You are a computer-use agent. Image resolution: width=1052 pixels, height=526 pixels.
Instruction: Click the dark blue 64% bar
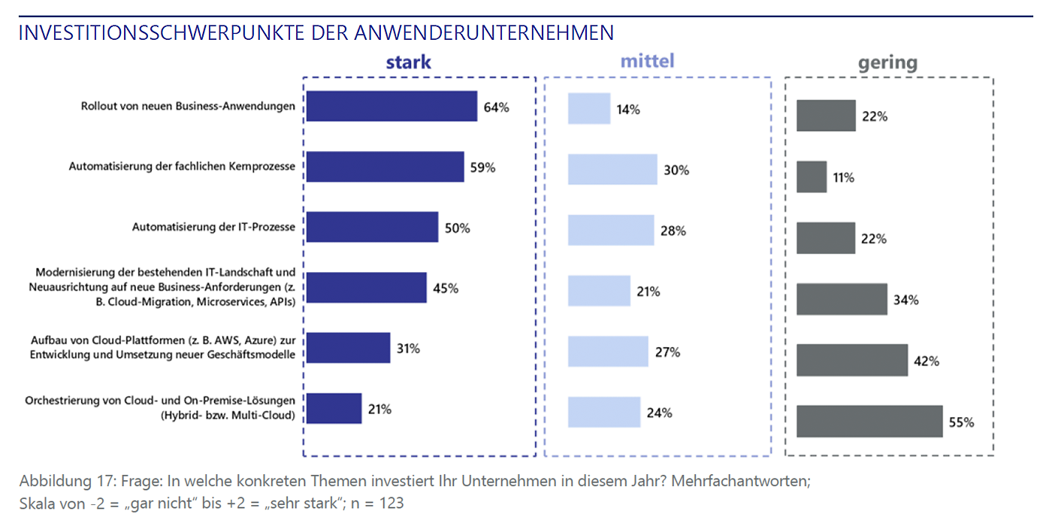[x=392, y=106]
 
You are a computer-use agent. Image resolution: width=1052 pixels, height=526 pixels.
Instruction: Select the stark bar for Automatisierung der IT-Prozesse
[x=373, y=227]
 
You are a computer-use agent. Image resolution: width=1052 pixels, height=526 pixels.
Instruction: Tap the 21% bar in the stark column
[x=334, y=409]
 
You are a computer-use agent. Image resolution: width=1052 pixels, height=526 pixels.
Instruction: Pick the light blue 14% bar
[x=589, y=109]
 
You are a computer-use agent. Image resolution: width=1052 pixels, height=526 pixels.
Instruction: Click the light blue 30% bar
[x=612, y=170]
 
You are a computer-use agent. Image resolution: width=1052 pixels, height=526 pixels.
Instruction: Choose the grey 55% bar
[x=869, y=422]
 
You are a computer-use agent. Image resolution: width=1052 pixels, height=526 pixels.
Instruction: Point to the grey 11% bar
[x=812, y=177]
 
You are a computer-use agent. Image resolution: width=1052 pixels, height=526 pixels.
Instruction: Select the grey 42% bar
[x=852, y=361]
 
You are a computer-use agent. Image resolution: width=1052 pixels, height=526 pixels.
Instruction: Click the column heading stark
[x=409, y=62]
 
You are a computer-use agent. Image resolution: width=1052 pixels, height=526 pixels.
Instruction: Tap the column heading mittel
[x=647, y=61]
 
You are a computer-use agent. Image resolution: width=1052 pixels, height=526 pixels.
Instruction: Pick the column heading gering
[x=887, y=63]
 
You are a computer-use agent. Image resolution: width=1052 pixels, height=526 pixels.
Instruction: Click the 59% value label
[x=483, y=168]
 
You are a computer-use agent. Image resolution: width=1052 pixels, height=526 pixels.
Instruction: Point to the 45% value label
[x=446, y=288]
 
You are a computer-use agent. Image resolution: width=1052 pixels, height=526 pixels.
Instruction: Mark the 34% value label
[x=906, y=300]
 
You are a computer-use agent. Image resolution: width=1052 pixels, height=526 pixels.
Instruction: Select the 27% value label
[x=668, y=352]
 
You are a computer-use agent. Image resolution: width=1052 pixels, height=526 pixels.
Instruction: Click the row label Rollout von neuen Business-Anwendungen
[x=188, y=107]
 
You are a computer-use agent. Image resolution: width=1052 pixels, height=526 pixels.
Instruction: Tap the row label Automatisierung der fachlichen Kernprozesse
[x=182, y=167]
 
